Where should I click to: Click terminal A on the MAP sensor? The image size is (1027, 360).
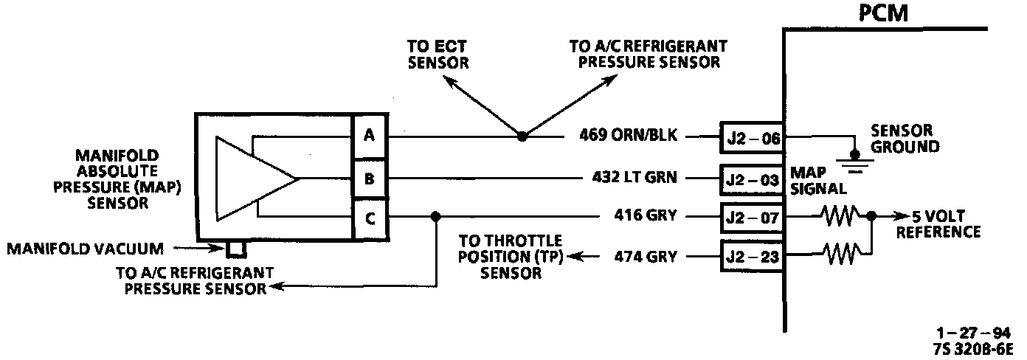point(369,136)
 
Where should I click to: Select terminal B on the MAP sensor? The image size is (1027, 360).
point(369,178)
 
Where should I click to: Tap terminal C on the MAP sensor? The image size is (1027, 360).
point(369,218)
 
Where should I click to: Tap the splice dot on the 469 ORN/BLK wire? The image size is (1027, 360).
point(522,136)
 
